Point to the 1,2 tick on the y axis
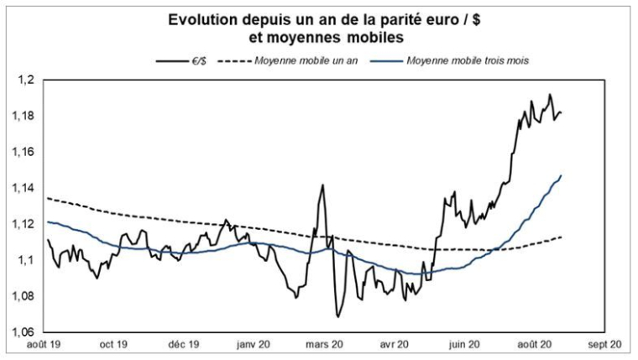[x=29, y=80]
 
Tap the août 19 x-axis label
[x=44, y=344]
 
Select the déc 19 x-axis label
[x=184, y=344]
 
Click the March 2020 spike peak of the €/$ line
[x=322, y=185]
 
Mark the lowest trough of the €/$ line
[x=337, y=316]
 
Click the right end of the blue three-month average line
[x=561, y=175]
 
